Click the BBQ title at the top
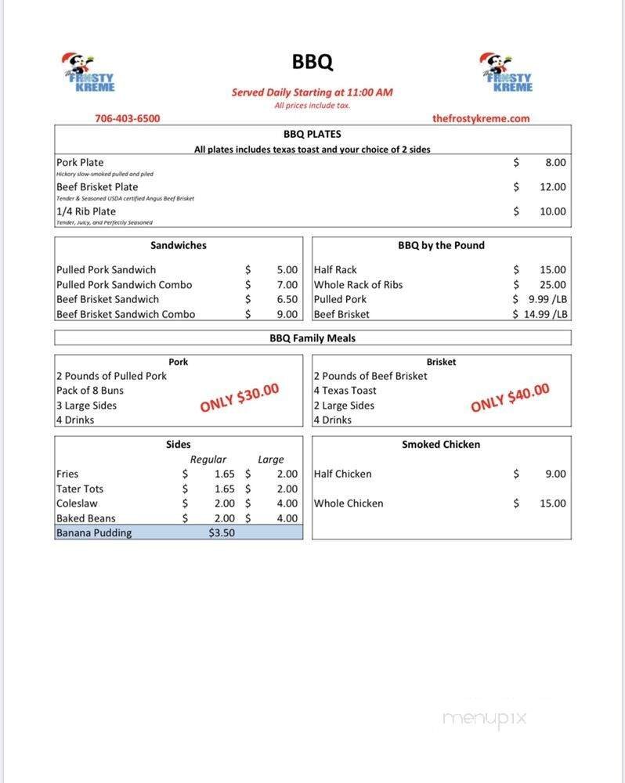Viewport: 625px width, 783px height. pos(312,62)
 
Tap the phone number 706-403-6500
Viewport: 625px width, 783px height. pos(127,118)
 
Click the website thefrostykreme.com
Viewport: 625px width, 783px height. pos(481,118)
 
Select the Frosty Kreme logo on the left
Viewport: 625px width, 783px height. pos(89,72)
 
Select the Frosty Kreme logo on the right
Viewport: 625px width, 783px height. pos(507,72)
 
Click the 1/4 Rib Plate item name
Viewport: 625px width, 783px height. pos(86,211)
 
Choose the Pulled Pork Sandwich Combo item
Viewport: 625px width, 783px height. pos(124,285)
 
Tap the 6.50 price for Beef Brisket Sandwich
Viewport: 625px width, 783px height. pos(287,299)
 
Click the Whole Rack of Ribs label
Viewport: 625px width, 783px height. pos(358,285)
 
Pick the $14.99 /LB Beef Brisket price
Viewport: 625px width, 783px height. pos(540,314)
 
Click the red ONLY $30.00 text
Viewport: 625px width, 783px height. pos(240,399)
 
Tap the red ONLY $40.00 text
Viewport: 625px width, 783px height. pos(510,399)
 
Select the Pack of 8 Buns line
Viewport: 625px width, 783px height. pos(90,391)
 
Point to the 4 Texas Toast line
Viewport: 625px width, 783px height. pos(345,391)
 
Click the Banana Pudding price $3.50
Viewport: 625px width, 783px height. pos(221,533)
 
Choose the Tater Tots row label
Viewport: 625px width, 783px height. pos(80,489)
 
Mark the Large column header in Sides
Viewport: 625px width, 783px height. pos(271,460)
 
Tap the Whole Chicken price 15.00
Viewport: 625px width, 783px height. pos(552,503)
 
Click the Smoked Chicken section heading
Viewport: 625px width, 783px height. pos(441,444)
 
